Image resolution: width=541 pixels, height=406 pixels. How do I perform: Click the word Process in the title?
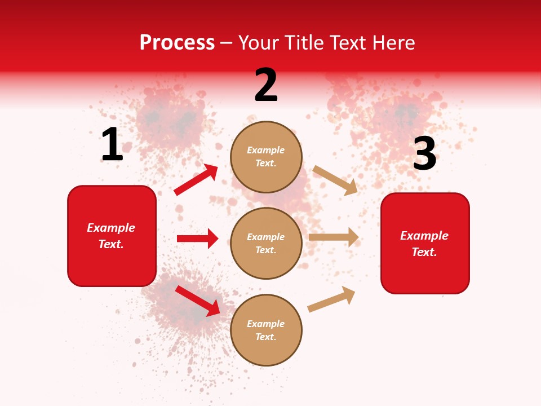[x=177, y=43]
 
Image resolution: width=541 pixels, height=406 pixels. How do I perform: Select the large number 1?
[x=112, y=144]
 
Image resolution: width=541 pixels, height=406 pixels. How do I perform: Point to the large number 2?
[x=266, y=85]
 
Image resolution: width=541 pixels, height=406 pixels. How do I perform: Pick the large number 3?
[x=424, y=154]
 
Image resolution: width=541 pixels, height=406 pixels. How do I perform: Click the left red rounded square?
[x=112, y=236]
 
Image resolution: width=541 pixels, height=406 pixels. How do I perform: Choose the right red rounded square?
[x=425, y=243]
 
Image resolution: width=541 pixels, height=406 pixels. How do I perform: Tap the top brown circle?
[x=266, y=157]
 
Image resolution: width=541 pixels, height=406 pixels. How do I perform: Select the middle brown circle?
[x=266, y=243]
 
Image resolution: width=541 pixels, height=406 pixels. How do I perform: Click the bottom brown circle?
[x=266, y=330]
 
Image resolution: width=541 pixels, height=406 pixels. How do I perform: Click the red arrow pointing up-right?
[x=196, y=180]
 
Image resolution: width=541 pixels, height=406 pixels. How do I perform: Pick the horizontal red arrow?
[x=197, y=239]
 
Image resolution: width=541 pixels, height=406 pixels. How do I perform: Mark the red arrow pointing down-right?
[x=198, y=301]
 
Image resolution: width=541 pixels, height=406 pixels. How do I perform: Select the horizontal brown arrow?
[x=334, y=237]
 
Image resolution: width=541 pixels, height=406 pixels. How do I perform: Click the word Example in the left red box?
[x=111, y=228]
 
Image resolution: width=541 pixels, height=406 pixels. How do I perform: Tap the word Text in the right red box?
[x=424, y=252]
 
